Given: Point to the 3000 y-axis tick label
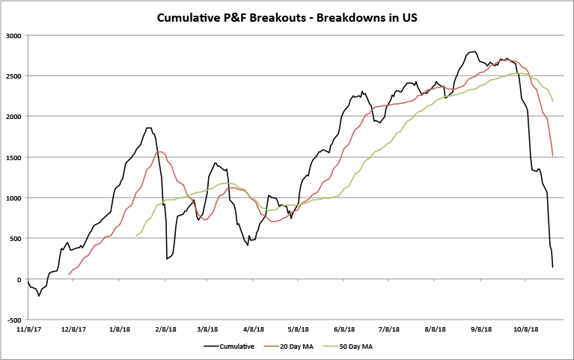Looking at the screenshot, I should [13, 35].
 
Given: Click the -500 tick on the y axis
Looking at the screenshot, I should [13, 320].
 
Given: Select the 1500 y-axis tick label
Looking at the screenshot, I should [13, 157].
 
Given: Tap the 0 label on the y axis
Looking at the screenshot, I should [19, 279].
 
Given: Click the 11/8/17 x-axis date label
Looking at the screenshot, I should [28, 329].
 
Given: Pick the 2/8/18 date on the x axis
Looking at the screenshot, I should [165, 329].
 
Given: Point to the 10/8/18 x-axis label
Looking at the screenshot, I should [526, 329].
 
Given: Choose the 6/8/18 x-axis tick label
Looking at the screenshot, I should [344, 329].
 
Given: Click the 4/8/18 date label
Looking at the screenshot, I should [254, 329].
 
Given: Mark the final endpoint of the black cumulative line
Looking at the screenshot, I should [552, 267].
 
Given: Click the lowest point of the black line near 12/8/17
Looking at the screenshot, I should [39, 296].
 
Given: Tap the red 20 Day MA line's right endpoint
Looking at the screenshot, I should [552, 156].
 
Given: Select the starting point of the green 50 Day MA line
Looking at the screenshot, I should [135, 236].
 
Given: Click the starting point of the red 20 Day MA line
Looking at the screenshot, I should [70, 274].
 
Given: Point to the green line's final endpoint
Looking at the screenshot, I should [552, 101].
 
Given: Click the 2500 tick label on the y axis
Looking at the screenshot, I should [13, 76].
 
